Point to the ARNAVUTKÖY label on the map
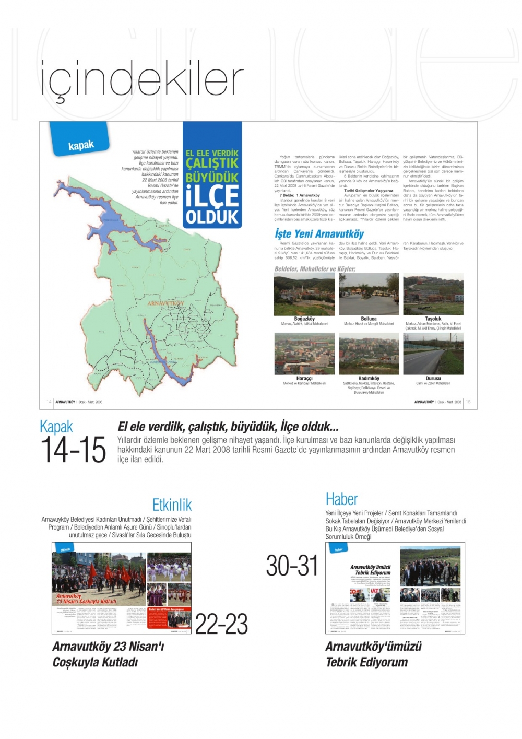point(165,303)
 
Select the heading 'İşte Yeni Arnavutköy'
point(319,233)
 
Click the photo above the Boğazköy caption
point(304,294)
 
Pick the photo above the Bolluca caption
point(369,294)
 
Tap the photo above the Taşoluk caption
point(433,294)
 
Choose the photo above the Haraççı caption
point(304,354)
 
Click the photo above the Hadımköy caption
point(369,354)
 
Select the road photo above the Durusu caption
point(433,354)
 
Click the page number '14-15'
point(73,450)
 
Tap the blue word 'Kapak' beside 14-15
point(56,427)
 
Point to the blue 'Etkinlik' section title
point(172,505)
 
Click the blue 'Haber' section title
point(341,499)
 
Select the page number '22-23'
point(221,624)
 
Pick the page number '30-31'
point(292,566)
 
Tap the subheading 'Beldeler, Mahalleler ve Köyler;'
point(315,269)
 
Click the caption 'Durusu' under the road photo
point(433,378)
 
